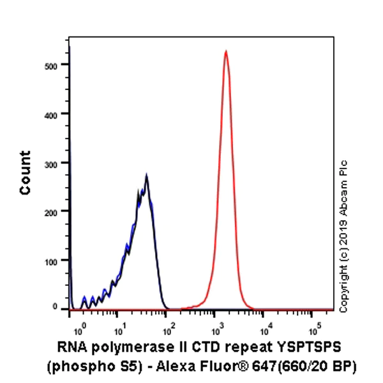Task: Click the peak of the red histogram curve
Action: [225, 51]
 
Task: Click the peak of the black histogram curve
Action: [146, 175]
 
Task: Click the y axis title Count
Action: [26, 172]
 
